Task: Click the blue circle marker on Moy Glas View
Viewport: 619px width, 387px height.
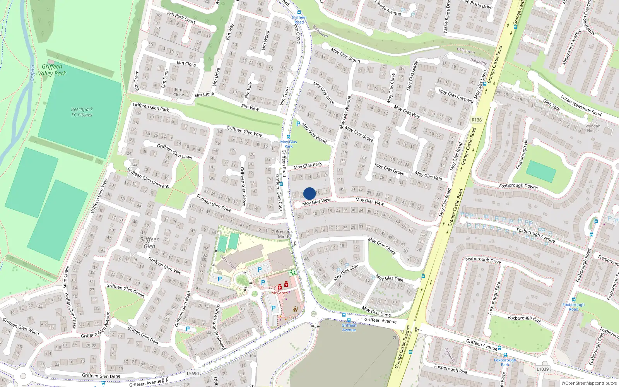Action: pyautogui.click(x=309, y=193)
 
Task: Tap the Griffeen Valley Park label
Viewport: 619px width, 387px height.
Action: pyautogui.click(x=52, y=70)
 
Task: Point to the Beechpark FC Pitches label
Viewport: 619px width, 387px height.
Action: pyautogui.click(x=82, y=112)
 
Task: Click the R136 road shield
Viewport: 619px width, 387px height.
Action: pyautogui.click(x=477, y=120)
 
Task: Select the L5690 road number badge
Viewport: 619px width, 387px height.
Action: pyautogui.click(x=193, y=373)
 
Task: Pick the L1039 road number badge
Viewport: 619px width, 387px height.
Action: pyautogui.click(x=542, y=369)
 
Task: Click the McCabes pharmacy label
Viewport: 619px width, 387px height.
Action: pyautogui.click(x=279, y=293)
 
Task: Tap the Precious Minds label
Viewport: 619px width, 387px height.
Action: pyautogui.click(x=284, y=234)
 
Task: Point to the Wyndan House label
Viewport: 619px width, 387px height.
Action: pyautogui.click(x=593, y=128)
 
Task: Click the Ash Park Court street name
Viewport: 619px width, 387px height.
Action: pyautogui.click(x=181, y=17)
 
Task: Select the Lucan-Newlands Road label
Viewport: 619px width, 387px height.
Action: pyautogui.click(x=581, y=105)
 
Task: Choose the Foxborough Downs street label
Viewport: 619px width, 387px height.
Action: pyautogui.click(x=518, y=186)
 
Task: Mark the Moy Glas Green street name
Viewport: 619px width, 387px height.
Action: pyautogui.click(x=345, y=55)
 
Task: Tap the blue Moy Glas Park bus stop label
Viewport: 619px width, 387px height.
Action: pyautogui.click(x=289, y=144)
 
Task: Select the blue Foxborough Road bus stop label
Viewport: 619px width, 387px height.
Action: pyautogui.click(x=573, y=307)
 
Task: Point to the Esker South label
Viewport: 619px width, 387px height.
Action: pyautogui.click(x=228, y=262)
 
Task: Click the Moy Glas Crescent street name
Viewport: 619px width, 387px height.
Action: pyautogui.click(x=456, y=96)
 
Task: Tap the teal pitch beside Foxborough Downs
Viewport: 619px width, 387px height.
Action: pyautogui.click(x=541, y=171)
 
